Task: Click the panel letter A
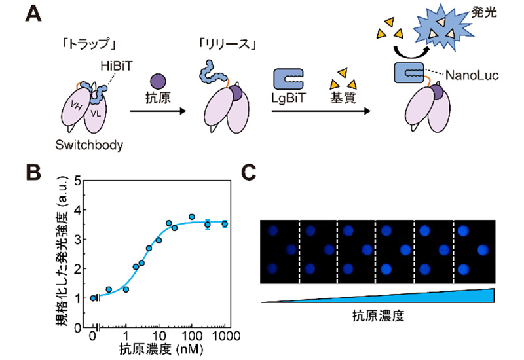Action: [x=33, y=14]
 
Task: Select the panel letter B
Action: [x=33, y=172]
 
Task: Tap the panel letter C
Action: [x=248, y=172]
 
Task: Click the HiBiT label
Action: [x=117, y=66]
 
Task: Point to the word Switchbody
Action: [x=89, y=145]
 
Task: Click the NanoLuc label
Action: [x=472, y=75]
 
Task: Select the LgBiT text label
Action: [x=288, y=98]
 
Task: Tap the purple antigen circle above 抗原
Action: [x=158, y=81]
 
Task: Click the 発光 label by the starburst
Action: [x=484, y=12]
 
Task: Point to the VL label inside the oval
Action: [x=96, y=113]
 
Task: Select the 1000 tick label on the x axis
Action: [x=226, y=336]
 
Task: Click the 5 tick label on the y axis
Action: [x=78, y=181]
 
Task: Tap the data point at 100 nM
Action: [x=192, y=217]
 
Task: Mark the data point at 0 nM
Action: [x=93, y=298]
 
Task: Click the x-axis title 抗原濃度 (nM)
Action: [x=161, y=350]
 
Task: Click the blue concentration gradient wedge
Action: [x=378, y=296]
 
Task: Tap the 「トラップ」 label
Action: [x=88, y=44]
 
